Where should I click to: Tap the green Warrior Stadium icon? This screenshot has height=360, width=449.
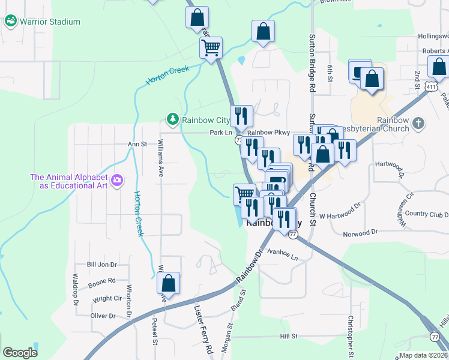[x=11, y=22]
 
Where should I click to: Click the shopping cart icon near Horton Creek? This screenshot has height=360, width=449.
[x=211, y=47]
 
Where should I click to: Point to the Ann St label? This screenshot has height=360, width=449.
[x=137, y=144]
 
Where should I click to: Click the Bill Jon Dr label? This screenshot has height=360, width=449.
[x=101, y=264]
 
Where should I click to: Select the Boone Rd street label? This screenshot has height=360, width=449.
[x=101, y=281]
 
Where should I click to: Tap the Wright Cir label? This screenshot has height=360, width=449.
[x=107, y=298]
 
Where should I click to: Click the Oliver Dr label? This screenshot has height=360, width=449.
[x=102, y=316]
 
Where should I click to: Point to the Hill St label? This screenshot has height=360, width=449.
[x=289, y=337]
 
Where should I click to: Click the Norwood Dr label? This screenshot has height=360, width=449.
[x=360, y=232]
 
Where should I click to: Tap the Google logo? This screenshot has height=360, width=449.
[x=20, y=353]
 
